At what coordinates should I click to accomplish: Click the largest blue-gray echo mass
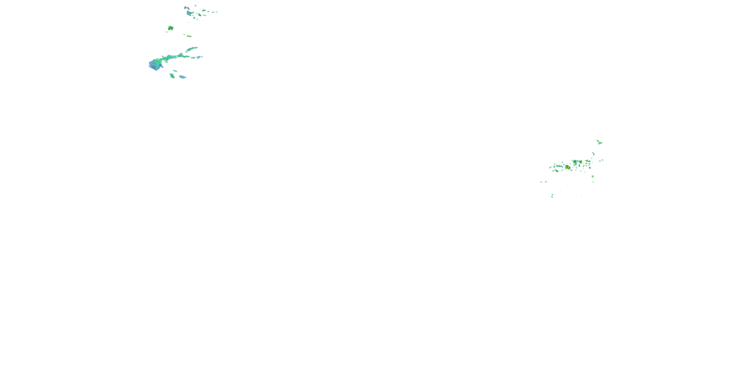tap(155, 64)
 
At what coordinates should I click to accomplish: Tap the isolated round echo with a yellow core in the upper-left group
tap(171, 28)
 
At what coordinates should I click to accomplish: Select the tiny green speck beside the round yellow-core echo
tap(167, 32)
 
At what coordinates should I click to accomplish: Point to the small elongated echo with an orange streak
tap(188, 36)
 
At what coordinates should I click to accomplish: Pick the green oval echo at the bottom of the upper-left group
tap(172, 76)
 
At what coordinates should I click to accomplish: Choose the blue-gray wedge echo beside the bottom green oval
tap(182, 77)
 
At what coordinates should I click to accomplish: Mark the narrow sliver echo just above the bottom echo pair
tap(175, 71)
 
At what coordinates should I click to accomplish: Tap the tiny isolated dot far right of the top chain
tap(227, 12)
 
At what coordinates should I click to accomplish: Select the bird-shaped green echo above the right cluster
tap(599, 142)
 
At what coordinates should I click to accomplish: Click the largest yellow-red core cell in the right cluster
tap(568, 167)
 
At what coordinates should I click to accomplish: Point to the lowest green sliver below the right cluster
tap(552, 196)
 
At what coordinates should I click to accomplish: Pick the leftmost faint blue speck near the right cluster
tap(541, 182)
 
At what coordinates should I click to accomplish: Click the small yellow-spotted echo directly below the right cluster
tap(593, 177)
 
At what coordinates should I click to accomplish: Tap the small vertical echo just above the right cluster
tap(593, 154)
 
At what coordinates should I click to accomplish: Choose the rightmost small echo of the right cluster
tap(602, 160)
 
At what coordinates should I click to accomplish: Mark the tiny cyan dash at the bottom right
tap(581, 196)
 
